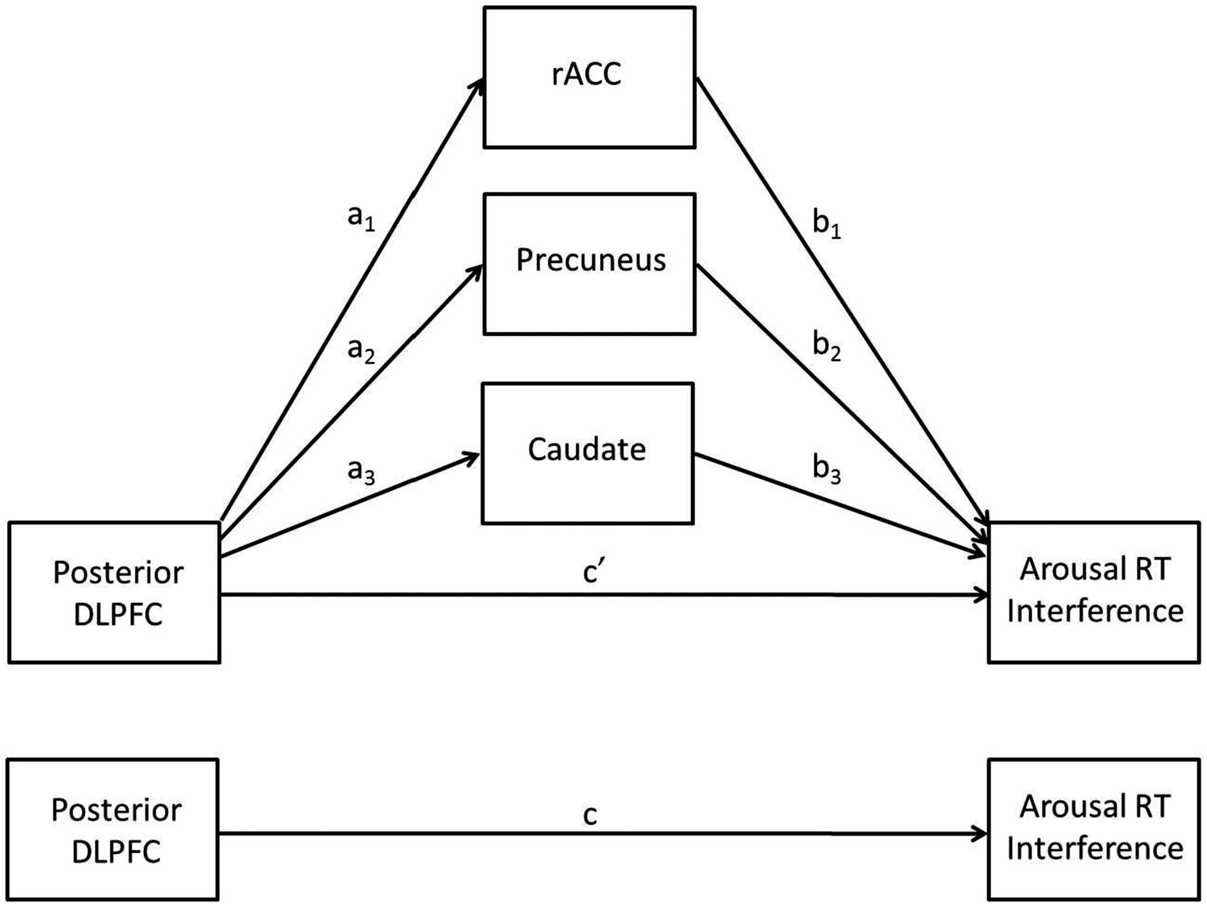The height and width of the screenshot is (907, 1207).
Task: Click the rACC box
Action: (589, 77)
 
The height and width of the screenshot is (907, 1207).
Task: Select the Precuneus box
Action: (589, 263)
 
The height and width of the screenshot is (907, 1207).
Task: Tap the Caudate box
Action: (588, 453)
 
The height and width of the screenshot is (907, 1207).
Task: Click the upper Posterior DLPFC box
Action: (114, 592)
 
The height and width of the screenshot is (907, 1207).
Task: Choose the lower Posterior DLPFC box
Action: (113, 829)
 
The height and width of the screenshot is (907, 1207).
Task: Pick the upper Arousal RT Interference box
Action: (1094, 592)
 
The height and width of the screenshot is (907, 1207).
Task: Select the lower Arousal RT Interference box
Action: (1094, 829)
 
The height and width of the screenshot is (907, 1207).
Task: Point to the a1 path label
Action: (361, 218)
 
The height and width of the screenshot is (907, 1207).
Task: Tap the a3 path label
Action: (361, 471)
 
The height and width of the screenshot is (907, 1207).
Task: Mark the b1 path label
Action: (826, 224)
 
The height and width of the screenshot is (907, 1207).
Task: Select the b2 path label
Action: (826, 346)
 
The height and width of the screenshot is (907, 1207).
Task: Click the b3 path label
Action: (826, 469)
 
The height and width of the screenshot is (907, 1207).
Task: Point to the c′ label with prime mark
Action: (592, 572)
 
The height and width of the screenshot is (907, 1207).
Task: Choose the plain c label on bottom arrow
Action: (590, 815)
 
